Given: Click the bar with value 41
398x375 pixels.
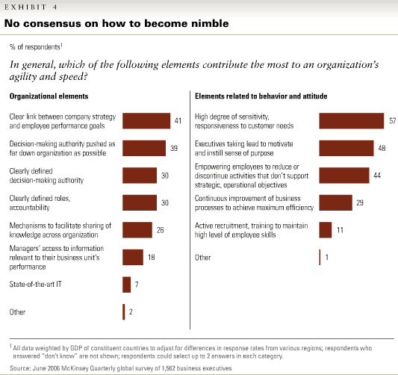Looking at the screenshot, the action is (146, 121).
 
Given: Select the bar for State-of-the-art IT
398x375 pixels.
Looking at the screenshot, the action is (127, 285).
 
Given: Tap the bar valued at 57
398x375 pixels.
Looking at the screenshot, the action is (352, 121).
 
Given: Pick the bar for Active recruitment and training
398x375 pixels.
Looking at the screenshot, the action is (326, 230).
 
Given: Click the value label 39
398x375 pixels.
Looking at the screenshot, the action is (174, 148).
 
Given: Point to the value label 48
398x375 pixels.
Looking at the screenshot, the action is (382, 148).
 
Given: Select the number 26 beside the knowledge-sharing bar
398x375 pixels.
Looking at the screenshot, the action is (160, 230).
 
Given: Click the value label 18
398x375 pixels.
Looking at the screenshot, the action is (152, 258).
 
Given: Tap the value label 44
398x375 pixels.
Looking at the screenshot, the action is (377, 176).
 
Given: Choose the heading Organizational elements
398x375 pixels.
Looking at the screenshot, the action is (49, 96).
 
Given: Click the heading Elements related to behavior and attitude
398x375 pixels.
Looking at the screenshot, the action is (261, 96).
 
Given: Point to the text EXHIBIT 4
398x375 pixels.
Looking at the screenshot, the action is (31, 7).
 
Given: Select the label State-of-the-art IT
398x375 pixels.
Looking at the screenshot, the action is (35, 284).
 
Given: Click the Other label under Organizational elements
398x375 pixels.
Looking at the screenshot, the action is (17, 312).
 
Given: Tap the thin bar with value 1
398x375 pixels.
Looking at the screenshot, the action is (320, 258).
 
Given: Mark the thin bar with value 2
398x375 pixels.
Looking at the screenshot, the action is (124, 312).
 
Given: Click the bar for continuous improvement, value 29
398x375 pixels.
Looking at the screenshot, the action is (336, 203).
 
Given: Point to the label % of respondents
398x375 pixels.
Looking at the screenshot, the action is (36, 47).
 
